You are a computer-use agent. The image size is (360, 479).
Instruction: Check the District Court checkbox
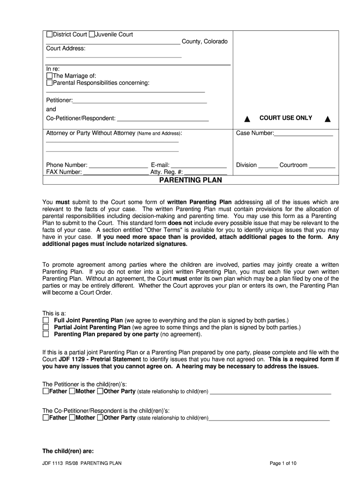click(x=49, y=35)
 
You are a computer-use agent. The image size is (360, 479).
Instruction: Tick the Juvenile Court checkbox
click(x=92, y=35)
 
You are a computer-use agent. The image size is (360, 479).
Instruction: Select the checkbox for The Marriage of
click(x=49, y=75)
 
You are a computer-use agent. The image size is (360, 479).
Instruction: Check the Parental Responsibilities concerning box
click(x=49, y=83)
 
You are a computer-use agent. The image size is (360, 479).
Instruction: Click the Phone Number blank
click(x=118, y=166)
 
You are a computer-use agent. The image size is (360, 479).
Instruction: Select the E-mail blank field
click(x=198, y=166)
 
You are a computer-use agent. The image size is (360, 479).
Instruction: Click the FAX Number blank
click(x=115, y=173)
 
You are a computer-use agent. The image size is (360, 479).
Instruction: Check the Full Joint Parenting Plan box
click(x=46, y=320)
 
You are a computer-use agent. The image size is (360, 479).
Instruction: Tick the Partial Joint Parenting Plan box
click(x=46, y=327)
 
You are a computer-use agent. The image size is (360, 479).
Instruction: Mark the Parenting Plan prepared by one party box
click(x=46, y=335)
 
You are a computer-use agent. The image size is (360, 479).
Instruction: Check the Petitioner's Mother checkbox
click(x=72, y=391)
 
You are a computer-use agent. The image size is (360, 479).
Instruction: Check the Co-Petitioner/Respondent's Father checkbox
click(x=45, y=418)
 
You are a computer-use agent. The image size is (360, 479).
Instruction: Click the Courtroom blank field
click(x=322, y=166)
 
